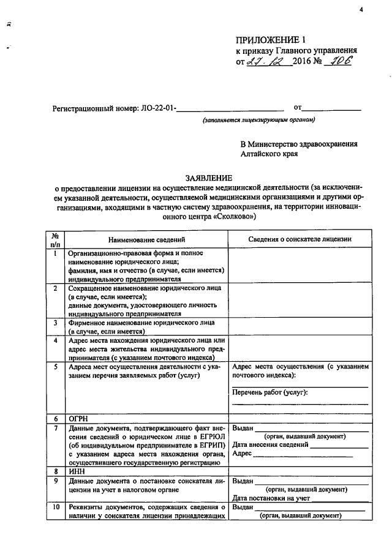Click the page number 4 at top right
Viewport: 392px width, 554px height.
361,9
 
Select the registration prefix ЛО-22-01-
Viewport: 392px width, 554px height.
159,109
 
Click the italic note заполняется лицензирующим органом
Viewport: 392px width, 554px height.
259,120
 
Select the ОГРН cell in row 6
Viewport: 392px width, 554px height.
79,417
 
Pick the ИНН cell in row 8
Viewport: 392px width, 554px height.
77,471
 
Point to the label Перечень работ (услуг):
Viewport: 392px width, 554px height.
269,392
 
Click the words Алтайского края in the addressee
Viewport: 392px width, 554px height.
269,154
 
